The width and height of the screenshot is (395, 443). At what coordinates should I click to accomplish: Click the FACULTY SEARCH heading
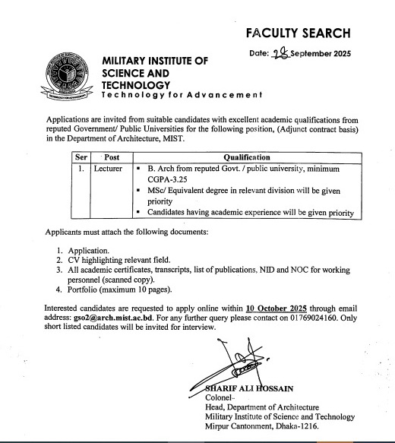pos(298,33)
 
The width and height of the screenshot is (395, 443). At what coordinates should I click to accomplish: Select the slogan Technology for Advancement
pos(182,97)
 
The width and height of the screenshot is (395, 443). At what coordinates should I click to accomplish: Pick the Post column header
pos(103,154)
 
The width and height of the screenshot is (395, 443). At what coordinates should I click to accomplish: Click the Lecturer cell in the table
pos(109,165)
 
